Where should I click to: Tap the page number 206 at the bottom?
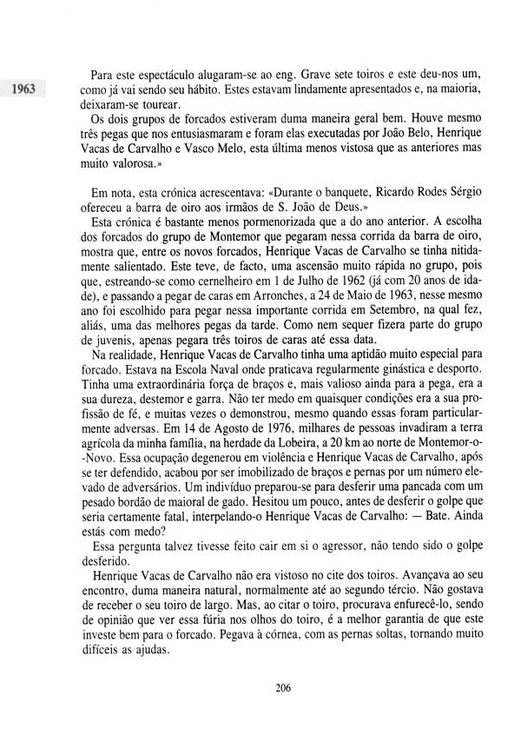click(281, 688)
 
